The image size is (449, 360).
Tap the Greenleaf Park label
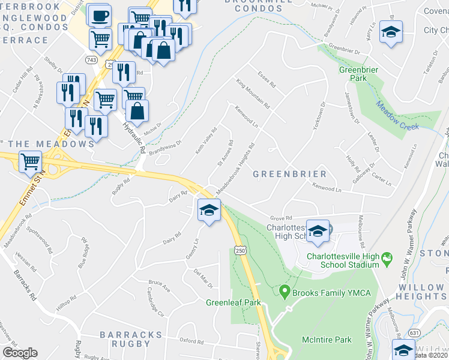tap(234, 302)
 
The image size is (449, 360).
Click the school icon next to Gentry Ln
tap(208, 210)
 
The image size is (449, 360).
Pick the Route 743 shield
tap(92, 60)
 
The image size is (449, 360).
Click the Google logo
tap(20, 353)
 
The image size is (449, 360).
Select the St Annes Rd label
tap(225, 155)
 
